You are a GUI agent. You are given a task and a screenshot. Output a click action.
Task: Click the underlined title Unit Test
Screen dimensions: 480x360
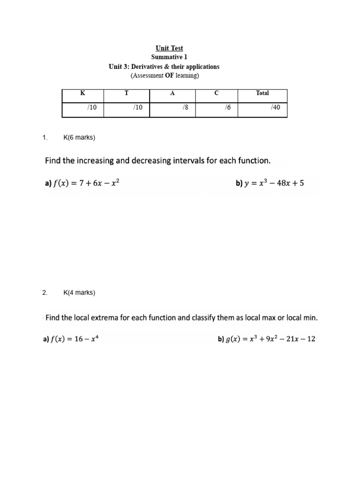169,48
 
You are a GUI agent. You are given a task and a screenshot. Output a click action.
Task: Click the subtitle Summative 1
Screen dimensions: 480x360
169,57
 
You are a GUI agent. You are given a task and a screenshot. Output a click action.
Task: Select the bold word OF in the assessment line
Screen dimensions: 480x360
170,75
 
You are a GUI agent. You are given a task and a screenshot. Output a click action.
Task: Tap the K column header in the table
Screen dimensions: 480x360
83,93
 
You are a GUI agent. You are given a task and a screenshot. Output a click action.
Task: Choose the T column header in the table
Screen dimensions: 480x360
126,93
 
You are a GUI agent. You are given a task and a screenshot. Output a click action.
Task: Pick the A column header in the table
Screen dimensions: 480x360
172,93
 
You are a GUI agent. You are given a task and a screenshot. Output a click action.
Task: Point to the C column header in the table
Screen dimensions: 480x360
216,93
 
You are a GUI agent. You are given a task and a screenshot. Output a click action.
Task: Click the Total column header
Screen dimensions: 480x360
262,93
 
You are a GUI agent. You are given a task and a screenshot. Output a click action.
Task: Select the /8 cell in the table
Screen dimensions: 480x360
186,108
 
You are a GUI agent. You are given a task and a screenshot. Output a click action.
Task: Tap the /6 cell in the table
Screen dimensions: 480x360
228,108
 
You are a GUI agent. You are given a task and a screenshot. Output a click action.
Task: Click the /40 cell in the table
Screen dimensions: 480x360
275,108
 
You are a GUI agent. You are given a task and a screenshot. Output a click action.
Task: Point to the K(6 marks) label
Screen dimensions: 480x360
79,138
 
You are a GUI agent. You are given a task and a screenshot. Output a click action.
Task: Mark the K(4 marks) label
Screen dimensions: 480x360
79,293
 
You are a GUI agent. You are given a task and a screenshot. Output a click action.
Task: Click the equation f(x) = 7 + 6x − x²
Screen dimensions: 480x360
87,184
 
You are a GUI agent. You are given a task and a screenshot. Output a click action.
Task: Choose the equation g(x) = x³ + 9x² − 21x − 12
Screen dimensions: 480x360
270,339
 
